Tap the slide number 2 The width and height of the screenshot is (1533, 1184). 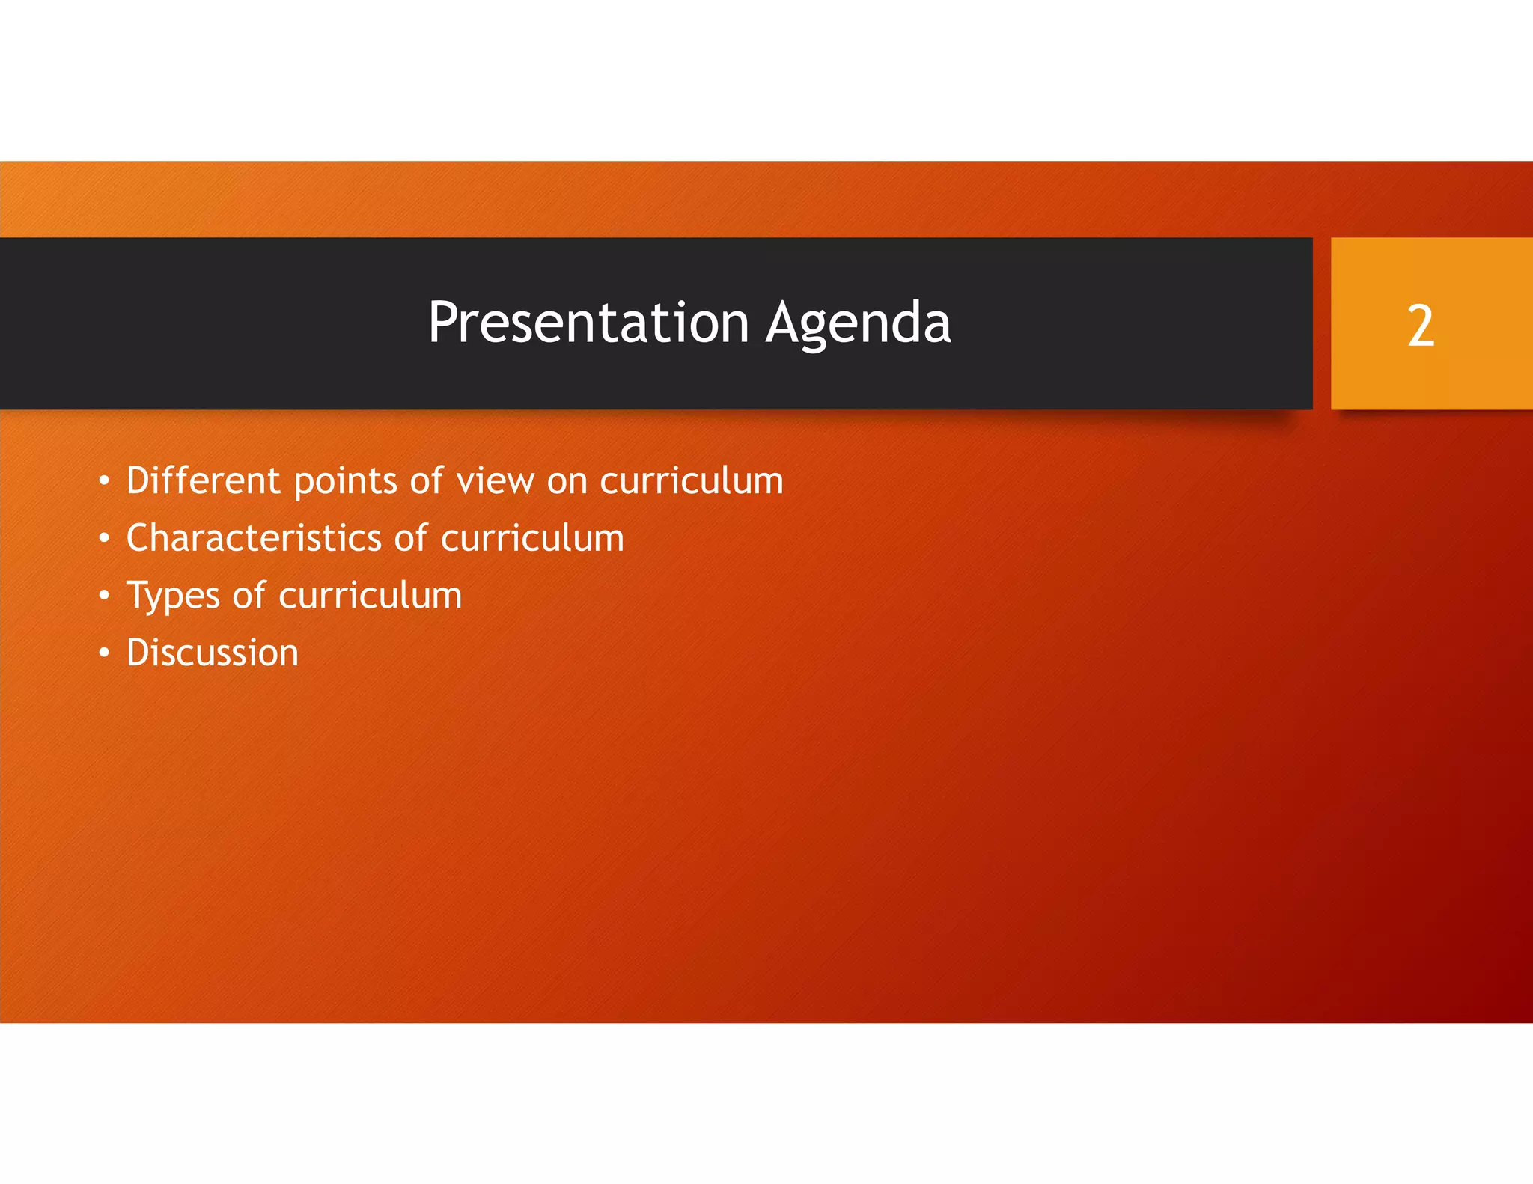[1420, 326]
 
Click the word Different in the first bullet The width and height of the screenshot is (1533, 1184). [203, 480]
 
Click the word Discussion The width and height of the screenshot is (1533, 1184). [213, 653]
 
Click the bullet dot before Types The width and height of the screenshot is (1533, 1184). [104, 596]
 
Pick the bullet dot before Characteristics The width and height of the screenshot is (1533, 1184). [104, 538]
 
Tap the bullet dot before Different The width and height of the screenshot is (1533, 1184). [104, 480]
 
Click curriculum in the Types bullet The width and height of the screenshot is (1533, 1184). [370, 596]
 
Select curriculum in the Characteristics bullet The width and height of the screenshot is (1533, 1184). [532, 538]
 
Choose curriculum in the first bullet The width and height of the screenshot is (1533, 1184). [691, 480]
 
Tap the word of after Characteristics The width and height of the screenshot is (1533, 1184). [411, 538]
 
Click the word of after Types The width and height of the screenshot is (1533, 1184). [249, 596]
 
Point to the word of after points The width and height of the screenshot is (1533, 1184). [426, 480]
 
